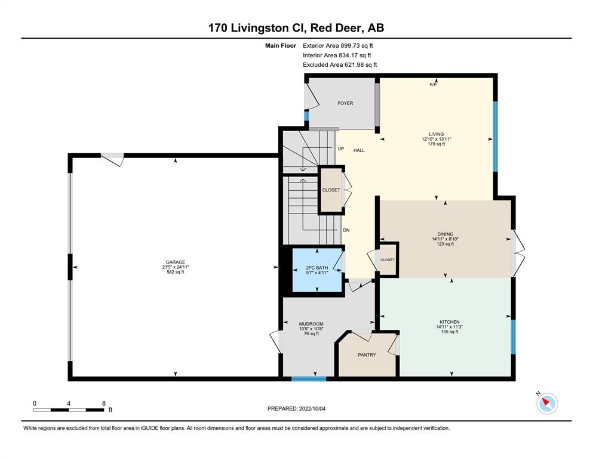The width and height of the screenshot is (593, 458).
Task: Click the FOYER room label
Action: [x=345, y=103]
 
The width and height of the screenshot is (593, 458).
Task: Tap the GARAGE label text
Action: [x=176, y=262]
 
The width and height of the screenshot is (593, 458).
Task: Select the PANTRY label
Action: [x=367, y=355]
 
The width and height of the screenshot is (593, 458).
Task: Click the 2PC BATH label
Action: [x=317, y=268]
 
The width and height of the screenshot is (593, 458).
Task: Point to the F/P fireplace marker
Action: [x=433, y=85]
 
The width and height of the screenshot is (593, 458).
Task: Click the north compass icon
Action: [x=547, y=403]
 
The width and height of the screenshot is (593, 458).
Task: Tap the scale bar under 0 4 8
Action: [x=69, y=410]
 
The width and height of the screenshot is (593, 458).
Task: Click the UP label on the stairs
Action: [x=341, y=148]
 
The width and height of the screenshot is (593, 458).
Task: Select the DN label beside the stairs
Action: [x=346, y=230]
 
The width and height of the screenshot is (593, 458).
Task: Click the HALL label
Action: [x=359, y=150]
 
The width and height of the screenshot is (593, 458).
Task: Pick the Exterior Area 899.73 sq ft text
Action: [x=338, y=46]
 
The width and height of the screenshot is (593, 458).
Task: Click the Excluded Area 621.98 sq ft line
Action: [x=340, y=64]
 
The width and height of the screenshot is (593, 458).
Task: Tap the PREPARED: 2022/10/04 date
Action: [x=296, y=409]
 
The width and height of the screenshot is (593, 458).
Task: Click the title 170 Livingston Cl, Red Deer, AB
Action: [x=296, y=27]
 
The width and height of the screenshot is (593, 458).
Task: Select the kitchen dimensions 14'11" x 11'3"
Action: [x=450, y=327]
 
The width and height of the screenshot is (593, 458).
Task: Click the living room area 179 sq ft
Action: [x=437, y=144]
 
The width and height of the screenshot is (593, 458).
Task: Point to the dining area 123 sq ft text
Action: [x=445, y=244]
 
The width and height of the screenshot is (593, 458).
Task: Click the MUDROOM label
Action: [x=311, y=324]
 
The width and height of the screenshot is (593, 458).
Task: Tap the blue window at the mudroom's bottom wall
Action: [x=309, y=379]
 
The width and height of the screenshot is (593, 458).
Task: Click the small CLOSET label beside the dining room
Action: [x=388, y=260]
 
